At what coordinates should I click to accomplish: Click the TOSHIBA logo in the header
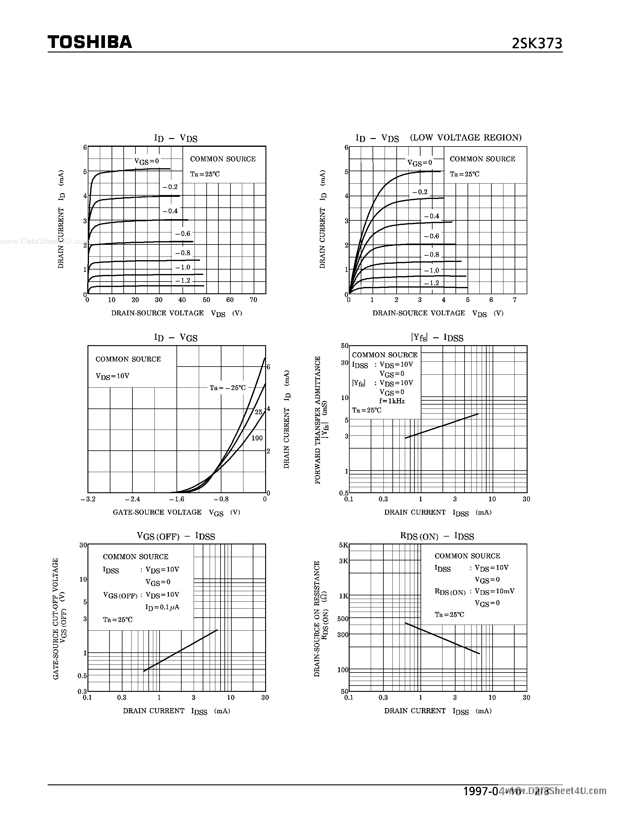point(90,42)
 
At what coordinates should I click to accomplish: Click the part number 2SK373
point(537,44)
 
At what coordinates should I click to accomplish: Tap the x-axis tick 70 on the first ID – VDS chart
point(253,300)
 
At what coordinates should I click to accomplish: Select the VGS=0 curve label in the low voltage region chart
point(420,163)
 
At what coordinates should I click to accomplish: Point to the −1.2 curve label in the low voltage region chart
point(431,283)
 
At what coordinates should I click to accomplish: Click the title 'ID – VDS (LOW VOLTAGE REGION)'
point(438,138)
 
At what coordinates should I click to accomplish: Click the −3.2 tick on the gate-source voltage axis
point(88,499)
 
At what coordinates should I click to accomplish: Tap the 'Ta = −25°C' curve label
point(227,388)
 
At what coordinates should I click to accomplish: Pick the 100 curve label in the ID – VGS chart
point(257,438)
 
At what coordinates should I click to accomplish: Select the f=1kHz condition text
point(392,401)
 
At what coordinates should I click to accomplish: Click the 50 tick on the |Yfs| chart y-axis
point(344,346)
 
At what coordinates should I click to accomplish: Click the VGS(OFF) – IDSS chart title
point(176,536)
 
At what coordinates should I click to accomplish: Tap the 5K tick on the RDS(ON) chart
point(343,545)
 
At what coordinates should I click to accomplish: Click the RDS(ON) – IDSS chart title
point(437,536)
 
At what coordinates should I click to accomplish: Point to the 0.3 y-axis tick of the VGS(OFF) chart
point(83,691)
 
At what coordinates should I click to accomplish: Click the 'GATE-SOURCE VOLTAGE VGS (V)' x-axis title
point(176,512)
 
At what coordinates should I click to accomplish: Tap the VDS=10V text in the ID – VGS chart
point(113,376)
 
